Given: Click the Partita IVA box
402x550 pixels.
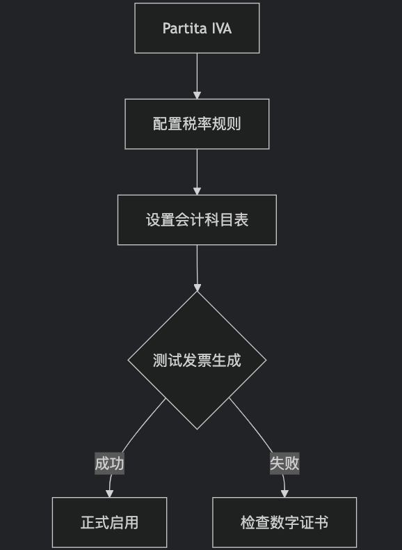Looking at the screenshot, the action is (197, 28).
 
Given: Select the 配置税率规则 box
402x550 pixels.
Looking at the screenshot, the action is (197, 124).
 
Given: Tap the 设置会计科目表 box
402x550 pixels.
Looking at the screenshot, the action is (197, 219).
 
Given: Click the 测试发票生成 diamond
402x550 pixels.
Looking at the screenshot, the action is (197, 360).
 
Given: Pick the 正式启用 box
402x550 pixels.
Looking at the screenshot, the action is (109, 522).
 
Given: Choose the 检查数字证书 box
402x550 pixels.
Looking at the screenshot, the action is (284, 522).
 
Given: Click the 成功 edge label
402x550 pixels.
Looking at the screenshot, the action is (109, 464).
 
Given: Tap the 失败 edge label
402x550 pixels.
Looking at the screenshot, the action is (284, 464).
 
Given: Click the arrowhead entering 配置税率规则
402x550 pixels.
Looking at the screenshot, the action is (197, 95).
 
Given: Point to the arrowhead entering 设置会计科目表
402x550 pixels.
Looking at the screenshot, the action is (197, 191).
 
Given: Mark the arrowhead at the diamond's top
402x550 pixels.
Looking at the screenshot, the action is (198, 288).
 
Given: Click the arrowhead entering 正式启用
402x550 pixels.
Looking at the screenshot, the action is (109, 494).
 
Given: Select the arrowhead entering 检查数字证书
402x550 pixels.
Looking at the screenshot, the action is (284, 494).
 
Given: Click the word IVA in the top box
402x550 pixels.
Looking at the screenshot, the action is (221, 29).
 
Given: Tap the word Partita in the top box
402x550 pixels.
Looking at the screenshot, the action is (184, 29).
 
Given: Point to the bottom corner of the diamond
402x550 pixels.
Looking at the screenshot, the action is (197, 430).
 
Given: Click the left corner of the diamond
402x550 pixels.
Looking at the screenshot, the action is (128, 360).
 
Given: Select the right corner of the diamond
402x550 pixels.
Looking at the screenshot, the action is (266, 360).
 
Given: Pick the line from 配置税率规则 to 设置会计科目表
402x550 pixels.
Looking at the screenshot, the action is (197, 168).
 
